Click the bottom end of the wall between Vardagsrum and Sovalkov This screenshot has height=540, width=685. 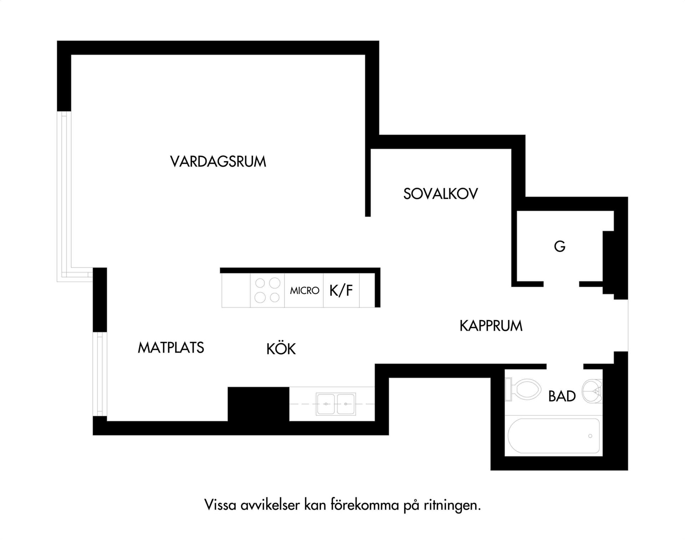(x=368, y=216)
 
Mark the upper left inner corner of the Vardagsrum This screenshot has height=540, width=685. (x=71, y=55)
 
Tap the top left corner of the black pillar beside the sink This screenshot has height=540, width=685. (x=228, y=387)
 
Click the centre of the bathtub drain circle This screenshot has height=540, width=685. (x=590, y=436)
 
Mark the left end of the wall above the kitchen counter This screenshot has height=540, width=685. (x=220, y=270)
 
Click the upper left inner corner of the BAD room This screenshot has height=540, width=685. (x=505, y=369)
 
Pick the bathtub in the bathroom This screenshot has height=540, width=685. (x=554, y=436)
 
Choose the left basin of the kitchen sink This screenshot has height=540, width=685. (x=326, y=404)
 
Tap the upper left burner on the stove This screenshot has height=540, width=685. (x=260, y=283)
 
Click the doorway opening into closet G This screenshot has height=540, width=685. (x=561, y=284)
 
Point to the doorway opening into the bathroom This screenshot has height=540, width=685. (x=565, y=367)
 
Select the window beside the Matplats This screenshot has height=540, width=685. (x=100, y=374)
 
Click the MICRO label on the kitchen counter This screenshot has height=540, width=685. (x=304, y=291)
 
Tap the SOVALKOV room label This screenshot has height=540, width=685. (x=441, y=194)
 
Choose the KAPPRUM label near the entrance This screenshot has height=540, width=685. (x=491, y=326)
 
